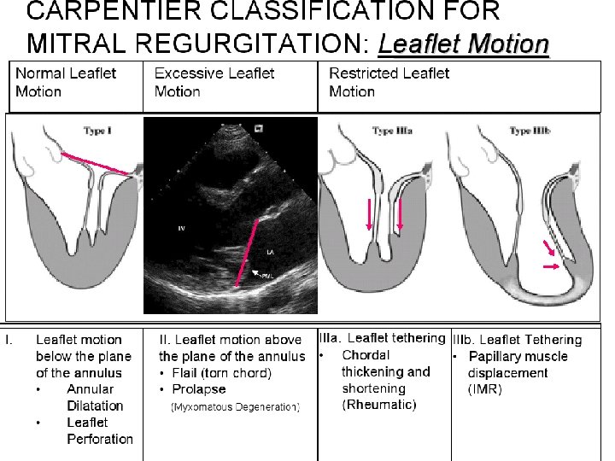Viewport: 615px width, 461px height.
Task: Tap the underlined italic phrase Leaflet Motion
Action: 463,42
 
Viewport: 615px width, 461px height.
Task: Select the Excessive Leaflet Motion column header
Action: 214,82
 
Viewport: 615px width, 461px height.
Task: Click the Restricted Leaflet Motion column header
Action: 389,82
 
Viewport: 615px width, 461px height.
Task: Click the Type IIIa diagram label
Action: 393,131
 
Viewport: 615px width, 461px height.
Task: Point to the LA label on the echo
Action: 271,253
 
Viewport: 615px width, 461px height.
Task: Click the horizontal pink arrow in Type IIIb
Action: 552,267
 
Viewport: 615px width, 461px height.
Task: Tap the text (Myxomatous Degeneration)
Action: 236,406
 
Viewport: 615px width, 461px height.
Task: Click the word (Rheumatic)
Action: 378,404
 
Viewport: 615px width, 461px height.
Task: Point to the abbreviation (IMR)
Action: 484,389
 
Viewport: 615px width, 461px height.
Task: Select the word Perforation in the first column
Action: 100,439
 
